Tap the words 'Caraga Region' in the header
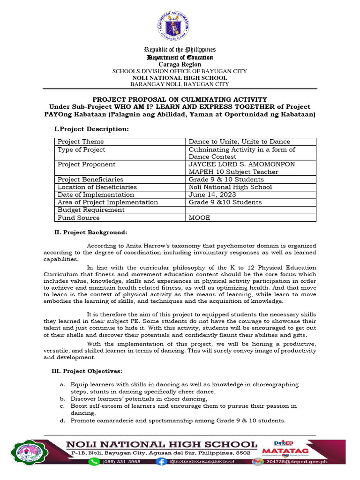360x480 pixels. click(180, 64)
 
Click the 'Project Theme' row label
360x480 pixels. click(81, 142)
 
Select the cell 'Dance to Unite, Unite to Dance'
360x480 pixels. click(239, 142)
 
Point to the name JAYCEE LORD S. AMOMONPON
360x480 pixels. click(242, 165)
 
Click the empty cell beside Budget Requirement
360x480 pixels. click(251, 210)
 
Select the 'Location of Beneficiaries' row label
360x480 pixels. click(97, 187)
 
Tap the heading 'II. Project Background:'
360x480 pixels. click(92, 232)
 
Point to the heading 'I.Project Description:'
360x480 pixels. click(92, 129)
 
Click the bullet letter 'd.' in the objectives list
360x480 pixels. click(62, 421)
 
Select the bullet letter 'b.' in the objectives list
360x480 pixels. click(62, 399)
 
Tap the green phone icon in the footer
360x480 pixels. click(94, 462)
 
